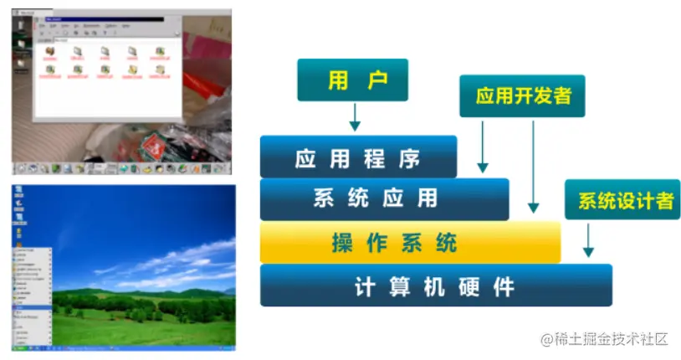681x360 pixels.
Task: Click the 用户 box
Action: pos(352,80)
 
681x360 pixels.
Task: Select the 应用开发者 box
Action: pos(522,95)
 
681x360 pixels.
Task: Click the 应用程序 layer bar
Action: pos(358,157)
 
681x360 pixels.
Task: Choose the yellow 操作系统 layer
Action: pos(409,243)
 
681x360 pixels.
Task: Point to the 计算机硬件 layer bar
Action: pos(435,286)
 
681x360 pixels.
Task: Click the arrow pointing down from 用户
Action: pos(354,117)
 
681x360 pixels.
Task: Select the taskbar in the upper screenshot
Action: pos(120,168)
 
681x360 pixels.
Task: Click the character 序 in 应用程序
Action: pos(409,157)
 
